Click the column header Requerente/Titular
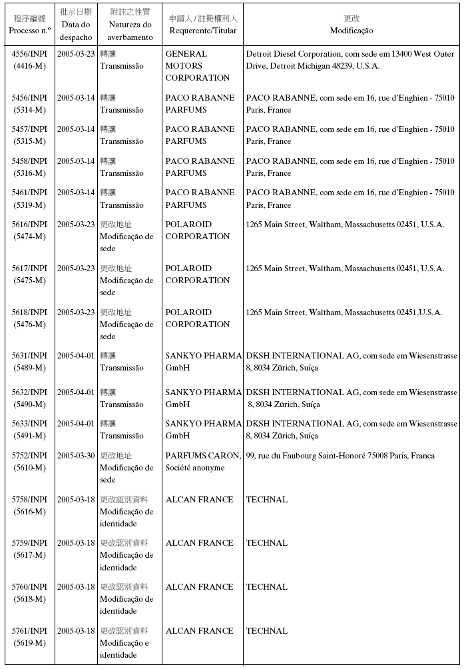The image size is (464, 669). (203, 31)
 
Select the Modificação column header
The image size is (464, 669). (351, 31)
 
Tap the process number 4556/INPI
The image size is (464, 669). (29, 53)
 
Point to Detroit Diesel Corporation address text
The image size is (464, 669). (350, 59)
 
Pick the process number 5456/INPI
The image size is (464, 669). (29, 97)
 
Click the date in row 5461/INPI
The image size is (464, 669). (76, 193)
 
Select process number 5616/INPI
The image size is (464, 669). (29, 225)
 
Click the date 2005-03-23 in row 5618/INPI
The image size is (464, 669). (76, 313)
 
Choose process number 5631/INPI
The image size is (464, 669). (29, 356)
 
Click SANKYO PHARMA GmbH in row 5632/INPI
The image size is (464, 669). (203, 398)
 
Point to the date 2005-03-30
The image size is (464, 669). (76, 456)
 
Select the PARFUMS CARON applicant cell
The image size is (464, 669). (203, 462)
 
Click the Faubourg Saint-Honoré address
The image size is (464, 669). (340, 456)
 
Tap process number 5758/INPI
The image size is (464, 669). (29, 500)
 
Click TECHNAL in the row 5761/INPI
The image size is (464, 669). (267, 631)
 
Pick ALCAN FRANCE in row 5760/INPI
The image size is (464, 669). (199, 587)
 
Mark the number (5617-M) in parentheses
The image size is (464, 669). (29, 555)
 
